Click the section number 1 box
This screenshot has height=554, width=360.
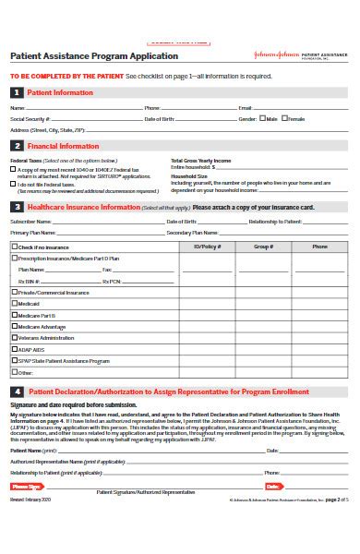click(16, 93)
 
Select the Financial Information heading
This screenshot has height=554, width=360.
click(63, 146)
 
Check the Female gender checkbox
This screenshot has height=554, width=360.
click(286, 119)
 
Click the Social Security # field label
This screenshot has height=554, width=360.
click(30, 119)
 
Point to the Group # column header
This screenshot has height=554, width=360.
click(263, 247)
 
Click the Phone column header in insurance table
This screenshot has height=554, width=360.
click(319, 247)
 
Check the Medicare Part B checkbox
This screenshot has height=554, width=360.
click(14, 315)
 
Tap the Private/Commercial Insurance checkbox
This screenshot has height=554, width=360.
click(14, 292)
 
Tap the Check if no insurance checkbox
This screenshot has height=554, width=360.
click(14, 247)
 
